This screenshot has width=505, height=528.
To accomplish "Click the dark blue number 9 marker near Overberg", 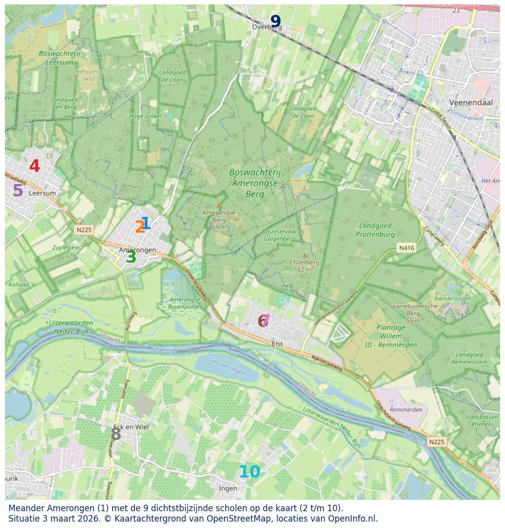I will (x=275, y=22).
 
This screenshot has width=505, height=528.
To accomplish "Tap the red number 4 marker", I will (x=35, y=166).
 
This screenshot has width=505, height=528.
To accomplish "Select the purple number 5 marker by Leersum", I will (x=18, y=191).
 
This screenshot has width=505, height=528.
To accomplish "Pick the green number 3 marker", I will (x=131, y=257).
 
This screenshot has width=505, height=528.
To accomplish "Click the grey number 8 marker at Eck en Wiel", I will (x=116, y=434).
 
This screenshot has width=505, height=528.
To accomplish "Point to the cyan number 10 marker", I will (x=249, y=473).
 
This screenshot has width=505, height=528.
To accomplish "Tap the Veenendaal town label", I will (x=471, y=102).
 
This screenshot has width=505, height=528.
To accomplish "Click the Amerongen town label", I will (x=138, y=250).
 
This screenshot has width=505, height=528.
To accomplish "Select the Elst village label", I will (x=277, y=344).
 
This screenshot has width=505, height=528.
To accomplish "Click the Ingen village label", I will (x=228, y=488).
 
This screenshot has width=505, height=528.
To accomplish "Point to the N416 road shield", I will (x=406, y=248).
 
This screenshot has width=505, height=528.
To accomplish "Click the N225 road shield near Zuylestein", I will (x=84, y=230).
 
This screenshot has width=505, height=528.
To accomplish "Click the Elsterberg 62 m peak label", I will (x=304, y=266).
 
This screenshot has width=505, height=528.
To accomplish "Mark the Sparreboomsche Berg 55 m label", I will (x=413, y=313).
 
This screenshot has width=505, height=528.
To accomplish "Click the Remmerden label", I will (x=406, y=410).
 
